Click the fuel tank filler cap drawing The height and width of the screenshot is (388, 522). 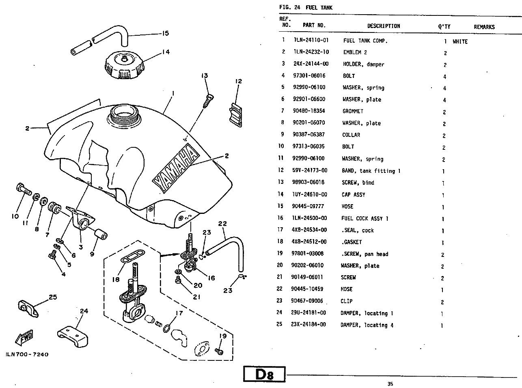[124, 67]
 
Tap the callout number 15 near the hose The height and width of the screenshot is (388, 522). [165, 33]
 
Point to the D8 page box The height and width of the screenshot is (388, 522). [264, 374]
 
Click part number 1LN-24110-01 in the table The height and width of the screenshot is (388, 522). [311, 41]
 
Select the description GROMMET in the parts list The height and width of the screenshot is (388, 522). [353, 111]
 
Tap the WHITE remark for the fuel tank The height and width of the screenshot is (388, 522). [460, 41]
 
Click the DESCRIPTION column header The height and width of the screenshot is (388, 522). [384, 26]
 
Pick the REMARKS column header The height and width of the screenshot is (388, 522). [484, 27]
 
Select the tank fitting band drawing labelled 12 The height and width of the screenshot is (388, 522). [236, 114]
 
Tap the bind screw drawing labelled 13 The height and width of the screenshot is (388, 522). [208, 100]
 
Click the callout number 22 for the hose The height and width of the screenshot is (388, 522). [222, 224]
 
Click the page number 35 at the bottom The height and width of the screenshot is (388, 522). [390, 384]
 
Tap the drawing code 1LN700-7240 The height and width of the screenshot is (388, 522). [27, 354]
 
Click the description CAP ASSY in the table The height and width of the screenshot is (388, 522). [353, 195]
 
